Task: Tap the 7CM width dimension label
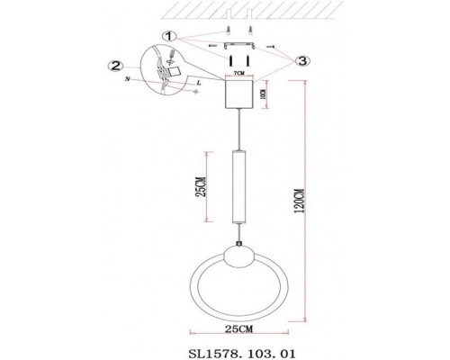[238, 69]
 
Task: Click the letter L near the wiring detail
[196, 83]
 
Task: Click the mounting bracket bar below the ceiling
[238, 43]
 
